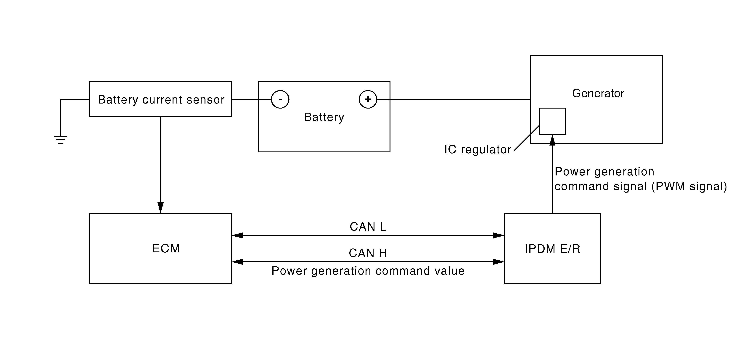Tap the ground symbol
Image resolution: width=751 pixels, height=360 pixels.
coord(61,140)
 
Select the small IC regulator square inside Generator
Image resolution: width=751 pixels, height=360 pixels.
coord(552,121)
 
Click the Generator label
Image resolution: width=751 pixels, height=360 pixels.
coord(598,93)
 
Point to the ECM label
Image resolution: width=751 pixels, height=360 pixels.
coord(166,248)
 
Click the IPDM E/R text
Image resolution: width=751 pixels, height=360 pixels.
coord(552,249)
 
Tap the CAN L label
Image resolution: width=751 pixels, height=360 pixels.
coord(368,227)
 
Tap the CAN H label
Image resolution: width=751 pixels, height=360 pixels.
coord(368,253)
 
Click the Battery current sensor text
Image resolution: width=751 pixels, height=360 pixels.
coord(161,100)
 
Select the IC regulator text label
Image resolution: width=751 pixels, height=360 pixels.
coord(478,150)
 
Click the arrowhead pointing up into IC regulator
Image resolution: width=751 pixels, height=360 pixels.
coord(552,140)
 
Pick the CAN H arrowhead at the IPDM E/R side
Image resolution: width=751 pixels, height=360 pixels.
coord(498,262)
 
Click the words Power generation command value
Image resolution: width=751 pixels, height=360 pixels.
coord(368,271)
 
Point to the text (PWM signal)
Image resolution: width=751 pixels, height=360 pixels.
coord(689,186)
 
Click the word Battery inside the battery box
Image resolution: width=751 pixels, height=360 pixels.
coord(324,117)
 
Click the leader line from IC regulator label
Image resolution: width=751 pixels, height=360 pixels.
coord(527,138)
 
